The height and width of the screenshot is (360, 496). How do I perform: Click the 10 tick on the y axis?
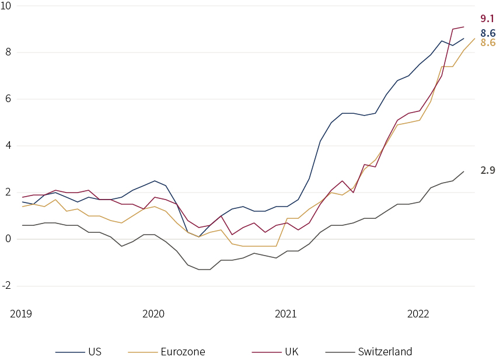pyautogui.click(x=6, y=5)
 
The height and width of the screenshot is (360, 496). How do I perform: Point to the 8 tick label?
pyautogui.click(x=8, y=52)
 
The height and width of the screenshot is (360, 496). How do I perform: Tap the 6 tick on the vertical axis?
pyautogui.click(x=8, y=99)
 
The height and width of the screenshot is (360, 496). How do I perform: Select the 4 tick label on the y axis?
pyautogui.click(x=8, y=145)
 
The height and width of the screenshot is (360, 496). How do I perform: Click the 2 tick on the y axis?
pyautogui.click(x=8, y=193)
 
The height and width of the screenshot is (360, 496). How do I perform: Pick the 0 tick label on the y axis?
pyautogui.click(x=8, y=239)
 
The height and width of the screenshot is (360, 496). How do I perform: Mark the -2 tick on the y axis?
pyautogui.click(x=6, y=286)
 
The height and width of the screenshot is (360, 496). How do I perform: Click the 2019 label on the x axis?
pyautogui.click(x=21, y=314)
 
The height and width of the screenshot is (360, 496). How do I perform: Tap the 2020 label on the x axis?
pyautogui.click(x=153, y=314)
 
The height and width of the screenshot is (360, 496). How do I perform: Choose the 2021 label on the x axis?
pyautogui.click(x=286, y=314)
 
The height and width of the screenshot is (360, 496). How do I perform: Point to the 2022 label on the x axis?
pyautogui.click(x=418, y=314)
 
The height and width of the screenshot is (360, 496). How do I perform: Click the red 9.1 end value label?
pyautogui.click(x=487, y=19)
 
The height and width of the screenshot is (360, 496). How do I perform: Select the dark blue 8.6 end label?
pyautogui.click(x=488, y=33)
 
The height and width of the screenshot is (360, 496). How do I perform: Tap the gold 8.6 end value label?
pyautogui.click(x=488, y=43)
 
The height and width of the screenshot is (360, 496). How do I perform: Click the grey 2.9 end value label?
pyautogui.click(x=488, y=170)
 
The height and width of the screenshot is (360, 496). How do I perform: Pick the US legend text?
pyautogui.click(x=95, y=352)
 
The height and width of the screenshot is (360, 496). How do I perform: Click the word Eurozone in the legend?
pyautogui.click(x=183, y=352)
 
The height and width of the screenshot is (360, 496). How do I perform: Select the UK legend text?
pyautogui.click(x=292, y=352)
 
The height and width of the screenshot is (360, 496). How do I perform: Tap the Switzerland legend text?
pyautogui.click(x=385, y=352)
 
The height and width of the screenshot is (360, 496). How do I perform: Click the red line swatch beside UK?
pyautogui.click(x=267, y=352)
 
